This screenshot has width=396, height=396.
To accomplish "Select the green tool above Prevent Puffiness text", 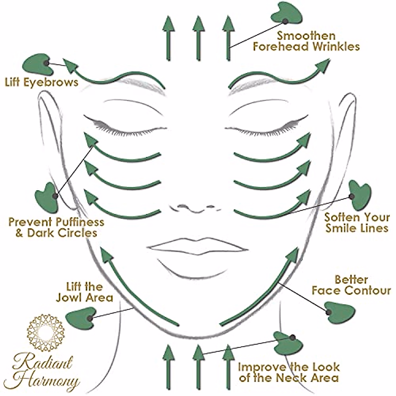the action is [47, 198].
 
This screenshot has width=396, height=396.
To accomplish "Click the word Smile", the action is [345, 228].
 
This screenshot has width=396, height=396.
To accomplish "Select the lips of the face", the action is [198, 246].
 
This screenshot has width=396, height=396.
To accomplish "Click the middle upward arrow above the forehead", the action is [198, 38].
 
